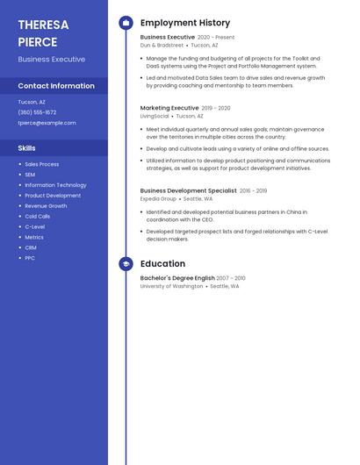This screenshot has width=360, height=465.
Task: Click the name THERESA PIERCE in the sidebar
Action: pos(43,33)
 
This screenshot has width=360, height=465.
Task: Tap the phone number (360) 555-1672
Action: pos(37,112)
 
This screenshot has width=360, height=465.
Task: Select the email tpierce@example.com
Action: pos(47,123)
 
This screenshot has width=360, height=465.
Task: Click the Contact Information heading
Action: pos(56,86)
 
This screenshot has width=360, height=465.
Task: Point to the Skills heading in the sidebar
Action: pos(27,148)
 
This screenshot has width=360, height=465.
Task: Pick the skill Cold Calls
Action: pos(38,216)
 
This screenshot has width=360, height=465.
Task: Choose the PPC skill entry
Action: pos(30,258)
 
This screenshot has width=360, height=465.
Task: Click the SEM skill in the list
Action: pos(30,175)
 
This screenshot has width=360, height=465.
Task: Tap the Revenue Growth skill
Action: pos(46,205)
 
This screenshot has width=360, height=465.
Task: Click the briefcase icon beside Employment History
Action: pos(126,23)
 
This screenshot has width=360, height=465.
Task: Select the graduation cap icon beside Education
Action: pos(126,263)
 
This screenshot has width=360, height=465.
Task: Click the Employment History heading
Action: pos(185,23)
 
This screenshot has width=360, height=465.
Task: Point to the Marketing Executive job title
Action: pos(169,108)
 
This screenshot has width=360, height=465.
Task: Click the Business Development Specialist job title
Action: pos(188,190)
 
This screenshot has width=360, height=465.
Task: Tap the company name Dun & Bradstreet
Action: pos(162,45)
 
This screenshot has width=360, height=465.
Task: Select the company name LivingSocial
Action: pos(155,116)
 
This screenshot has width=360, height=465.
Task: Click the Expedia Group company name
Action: pos(158,198)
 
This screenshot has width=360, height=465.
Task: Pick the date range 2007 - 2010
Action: pos(231,278)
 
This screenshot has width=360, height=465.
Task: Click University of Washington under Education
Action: pos(171,286)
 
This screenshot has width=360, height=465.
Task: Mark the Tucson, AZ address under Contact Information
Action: pos(32,102)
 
